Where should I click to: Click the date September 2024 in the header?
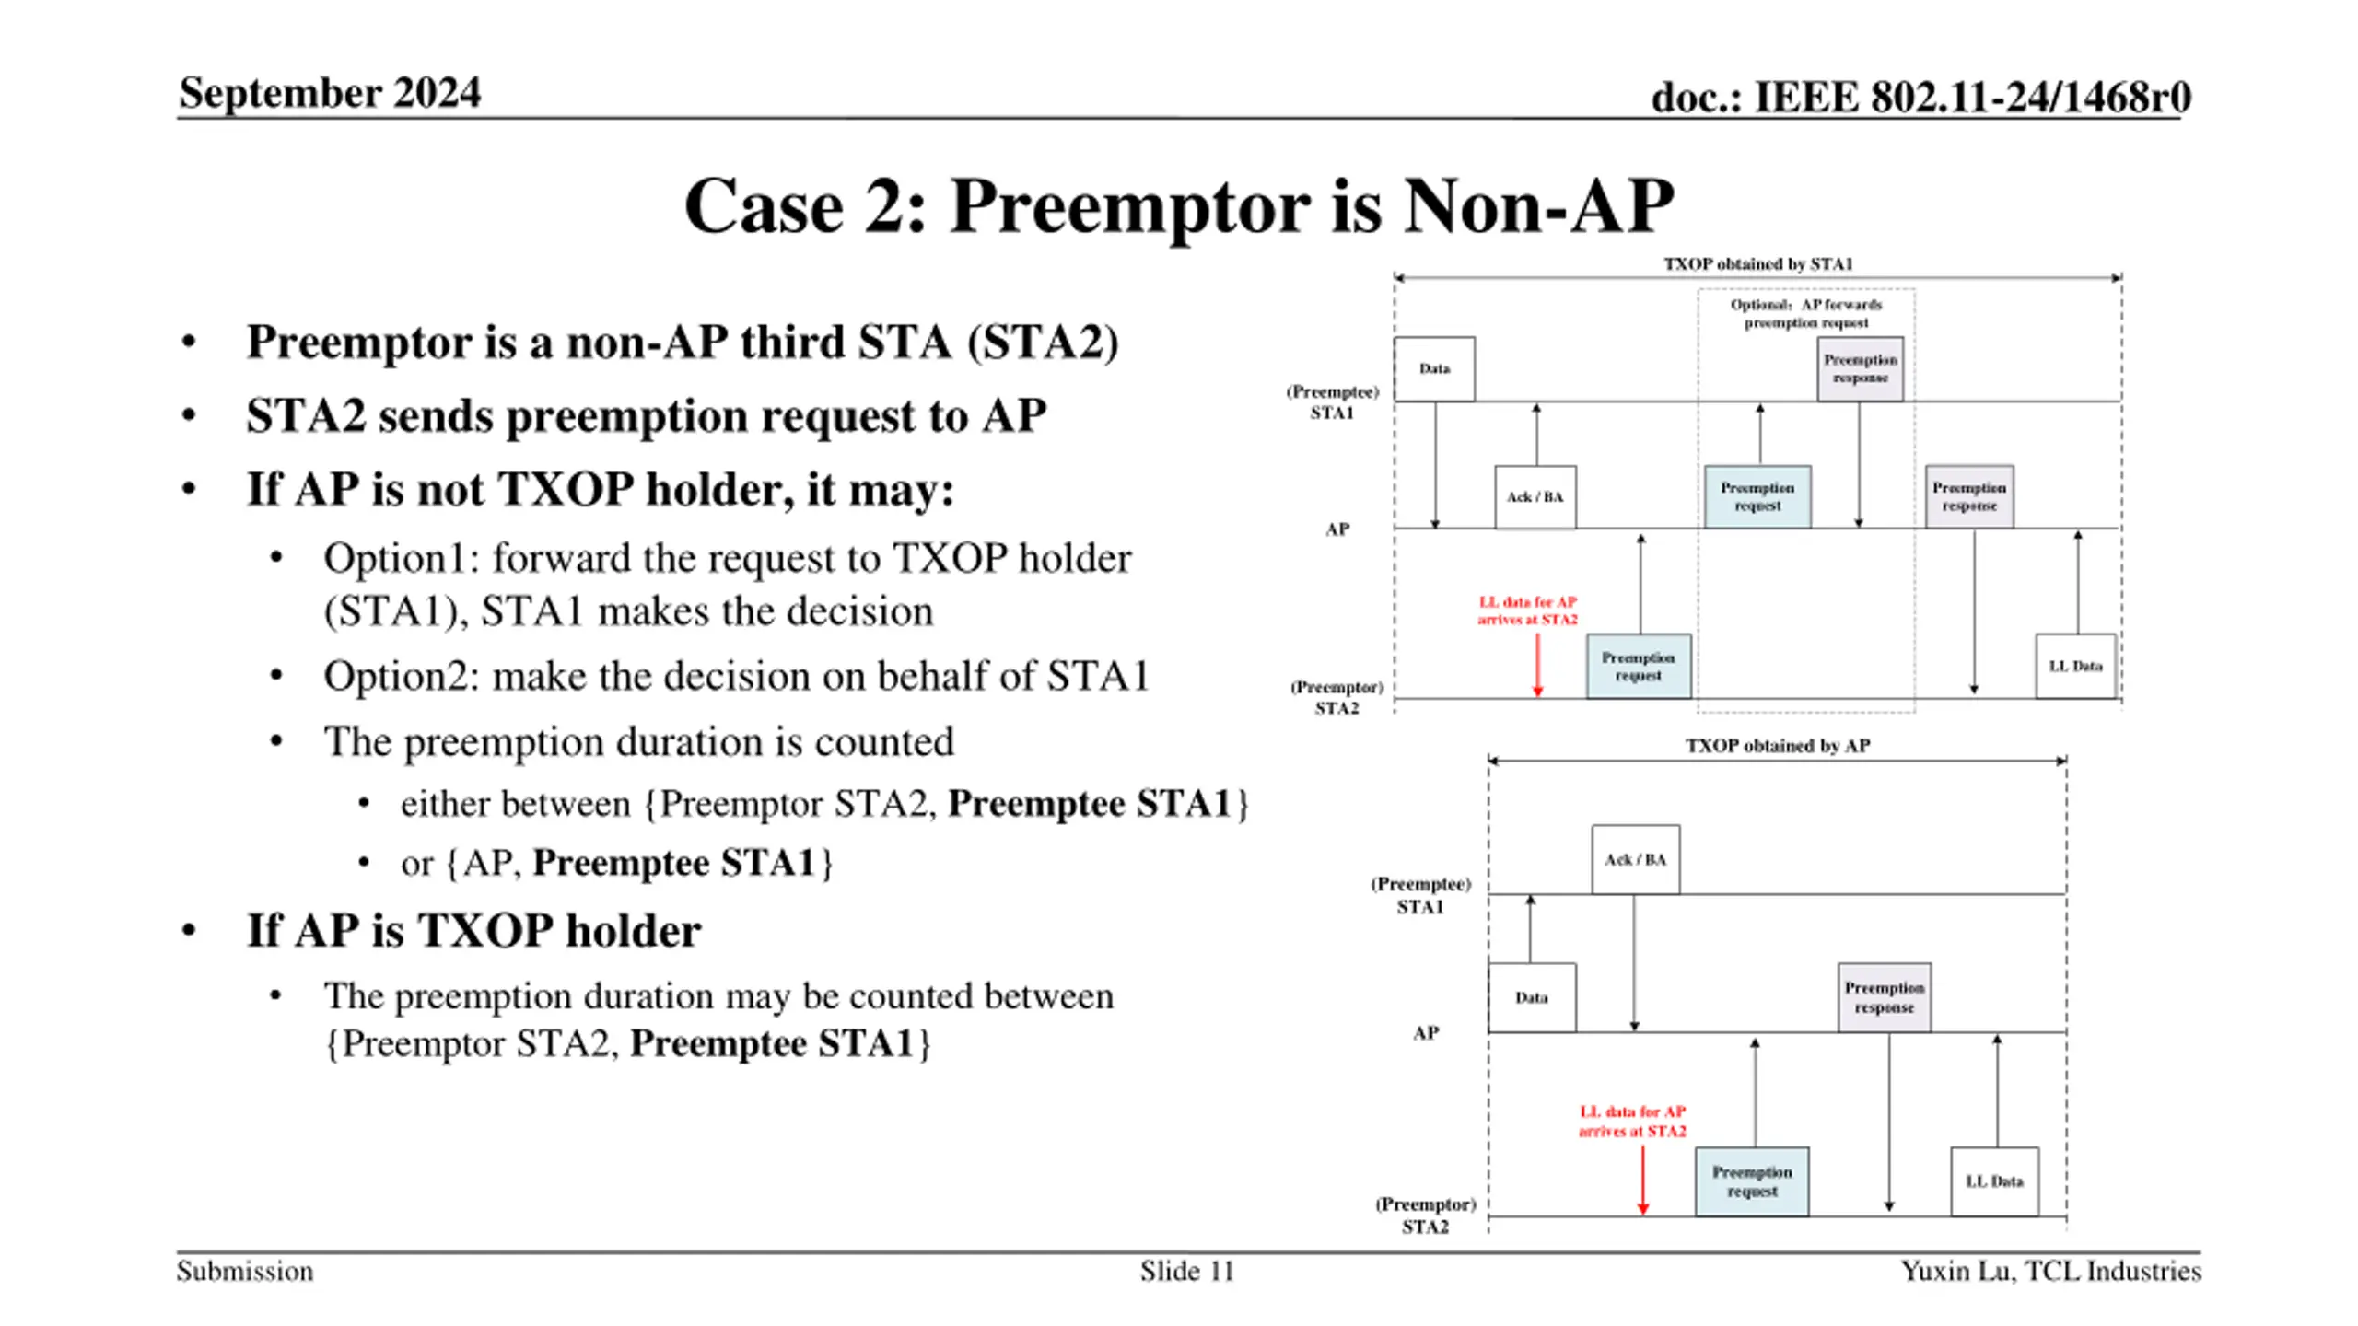pos(329,93)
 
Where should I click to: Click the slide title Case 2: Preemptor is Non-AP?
pos(1178,206)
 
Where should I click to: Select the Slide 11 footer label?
pos(1186,1271)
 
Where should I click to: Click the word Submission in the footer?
pos(245,1271)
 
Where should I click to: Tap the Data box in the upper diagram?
pos(1434,369)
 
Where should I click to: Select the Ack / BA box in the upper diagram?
pos(1535,497)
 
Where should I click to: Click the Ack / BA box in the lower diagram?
pos(1635,859)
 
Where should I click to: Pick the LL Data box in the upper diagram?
pos(2075,666)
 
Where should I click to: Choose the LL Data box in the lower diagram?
pos(1994,1181)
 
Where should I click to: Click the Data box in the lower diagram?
pos(1532,998)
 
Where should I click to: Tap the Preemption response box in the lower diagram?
pos(1884,998)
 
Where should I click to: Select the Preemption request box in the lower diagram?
pos(1752,1181)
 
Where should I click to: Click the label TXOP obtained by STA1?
pos(1757,264)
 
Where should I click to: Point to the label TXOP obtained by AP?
pos(1778,746)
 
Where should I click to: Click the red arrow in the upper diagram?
pos(1537,665)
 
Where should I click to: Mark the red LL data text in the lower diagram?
pos(1632,1122)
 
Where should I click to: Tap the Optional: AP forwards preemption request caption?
pos(1805,313)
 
